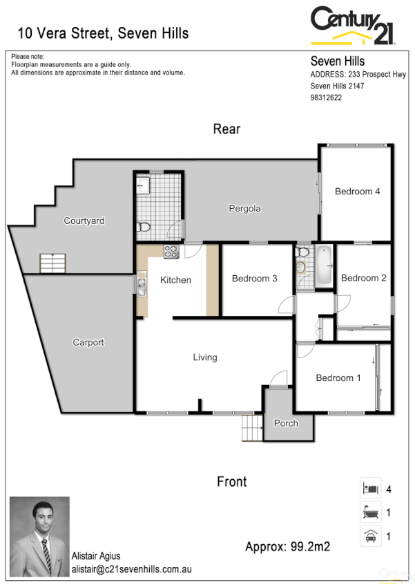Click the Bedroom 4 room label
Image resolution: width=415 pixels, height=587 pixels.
[x=357, y=192]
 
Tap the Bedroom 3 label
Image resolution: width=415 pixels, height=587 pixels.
[x=254, y=279]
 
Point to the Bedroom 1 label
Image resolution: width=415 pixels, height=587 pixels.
[x=338, y=378]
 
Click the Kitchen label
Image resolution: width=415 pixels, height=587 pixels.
[x=175, y=280]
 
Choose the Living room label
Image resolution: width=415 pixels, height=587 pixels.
[x=205, y=357]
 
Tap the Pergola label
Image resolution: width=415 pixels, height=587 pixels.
[x=245, y=208]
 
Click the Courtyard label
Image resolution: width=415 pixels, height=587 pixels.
[x=84, y=221]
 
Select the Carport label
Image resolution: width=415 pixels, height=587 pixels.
[x=88, y=342]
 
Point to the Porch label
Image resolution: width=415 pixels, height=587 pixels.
[x=286, y=423]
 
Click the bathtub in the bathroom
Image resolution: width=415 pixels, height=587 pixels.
[x=323, y=266]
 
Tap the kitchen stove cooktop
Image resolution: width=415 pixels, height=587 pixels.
[x=171, y=252]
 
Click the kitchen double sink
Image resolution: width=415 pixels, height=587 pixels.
[x=142, y=283]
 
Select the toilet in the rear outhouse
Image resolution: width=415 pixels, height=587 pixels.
[x=144, y=227]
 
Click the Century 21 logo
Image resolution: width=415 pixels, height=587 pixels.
[x=352, y=26]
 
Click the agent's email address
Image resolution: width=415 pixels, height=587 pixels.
[x=131, y=569]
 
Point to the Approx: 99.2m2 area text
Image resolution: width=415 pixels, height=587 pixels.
[x=287, y=547]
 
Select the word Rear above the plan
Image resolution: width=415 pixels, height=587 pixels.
[x=226, y=129]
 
